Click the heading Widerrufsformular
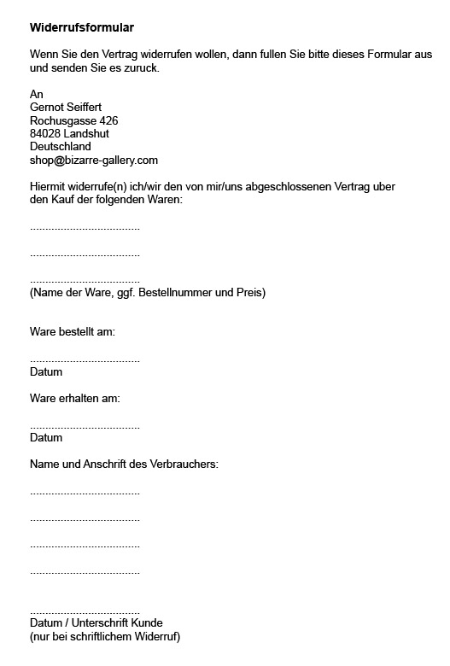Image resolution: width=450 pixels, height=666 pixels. tap(81, 28)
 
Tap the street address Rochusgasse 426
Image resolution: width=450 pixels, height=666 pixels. tap(74, 120)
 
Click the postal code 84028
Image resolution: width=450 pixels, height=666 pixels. tap(45, 133)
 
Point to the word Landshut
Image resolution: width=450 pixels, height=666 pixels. tap(86, 133)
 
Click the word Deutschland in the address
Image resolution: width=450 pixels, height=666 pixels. tap(61, 146)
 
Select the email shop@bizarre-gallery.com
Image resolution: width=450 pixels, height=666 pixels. tap(94, 160)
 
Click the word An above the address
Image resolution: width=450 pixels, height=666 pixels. tap(36, 95)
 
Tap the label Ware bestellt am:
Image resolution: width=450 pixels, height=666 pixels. tap(73, 332)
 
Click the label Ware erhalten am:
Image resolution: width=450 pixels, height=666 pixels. tap(75, 398)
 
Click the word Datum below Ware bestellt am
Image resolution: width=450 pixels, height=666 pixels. tap(46, 372)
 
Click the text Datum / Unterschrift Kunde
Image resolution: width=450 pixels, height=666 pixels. tap(96, 622)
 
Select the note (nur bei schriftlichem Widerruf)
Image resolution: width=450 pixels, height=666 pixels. tap(105, 636)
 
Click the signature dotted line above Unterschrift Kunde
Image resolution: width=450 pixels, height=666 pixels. tap(85, 611)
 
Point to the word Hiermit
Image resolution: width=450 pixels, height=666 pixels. tap(48, 186)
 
